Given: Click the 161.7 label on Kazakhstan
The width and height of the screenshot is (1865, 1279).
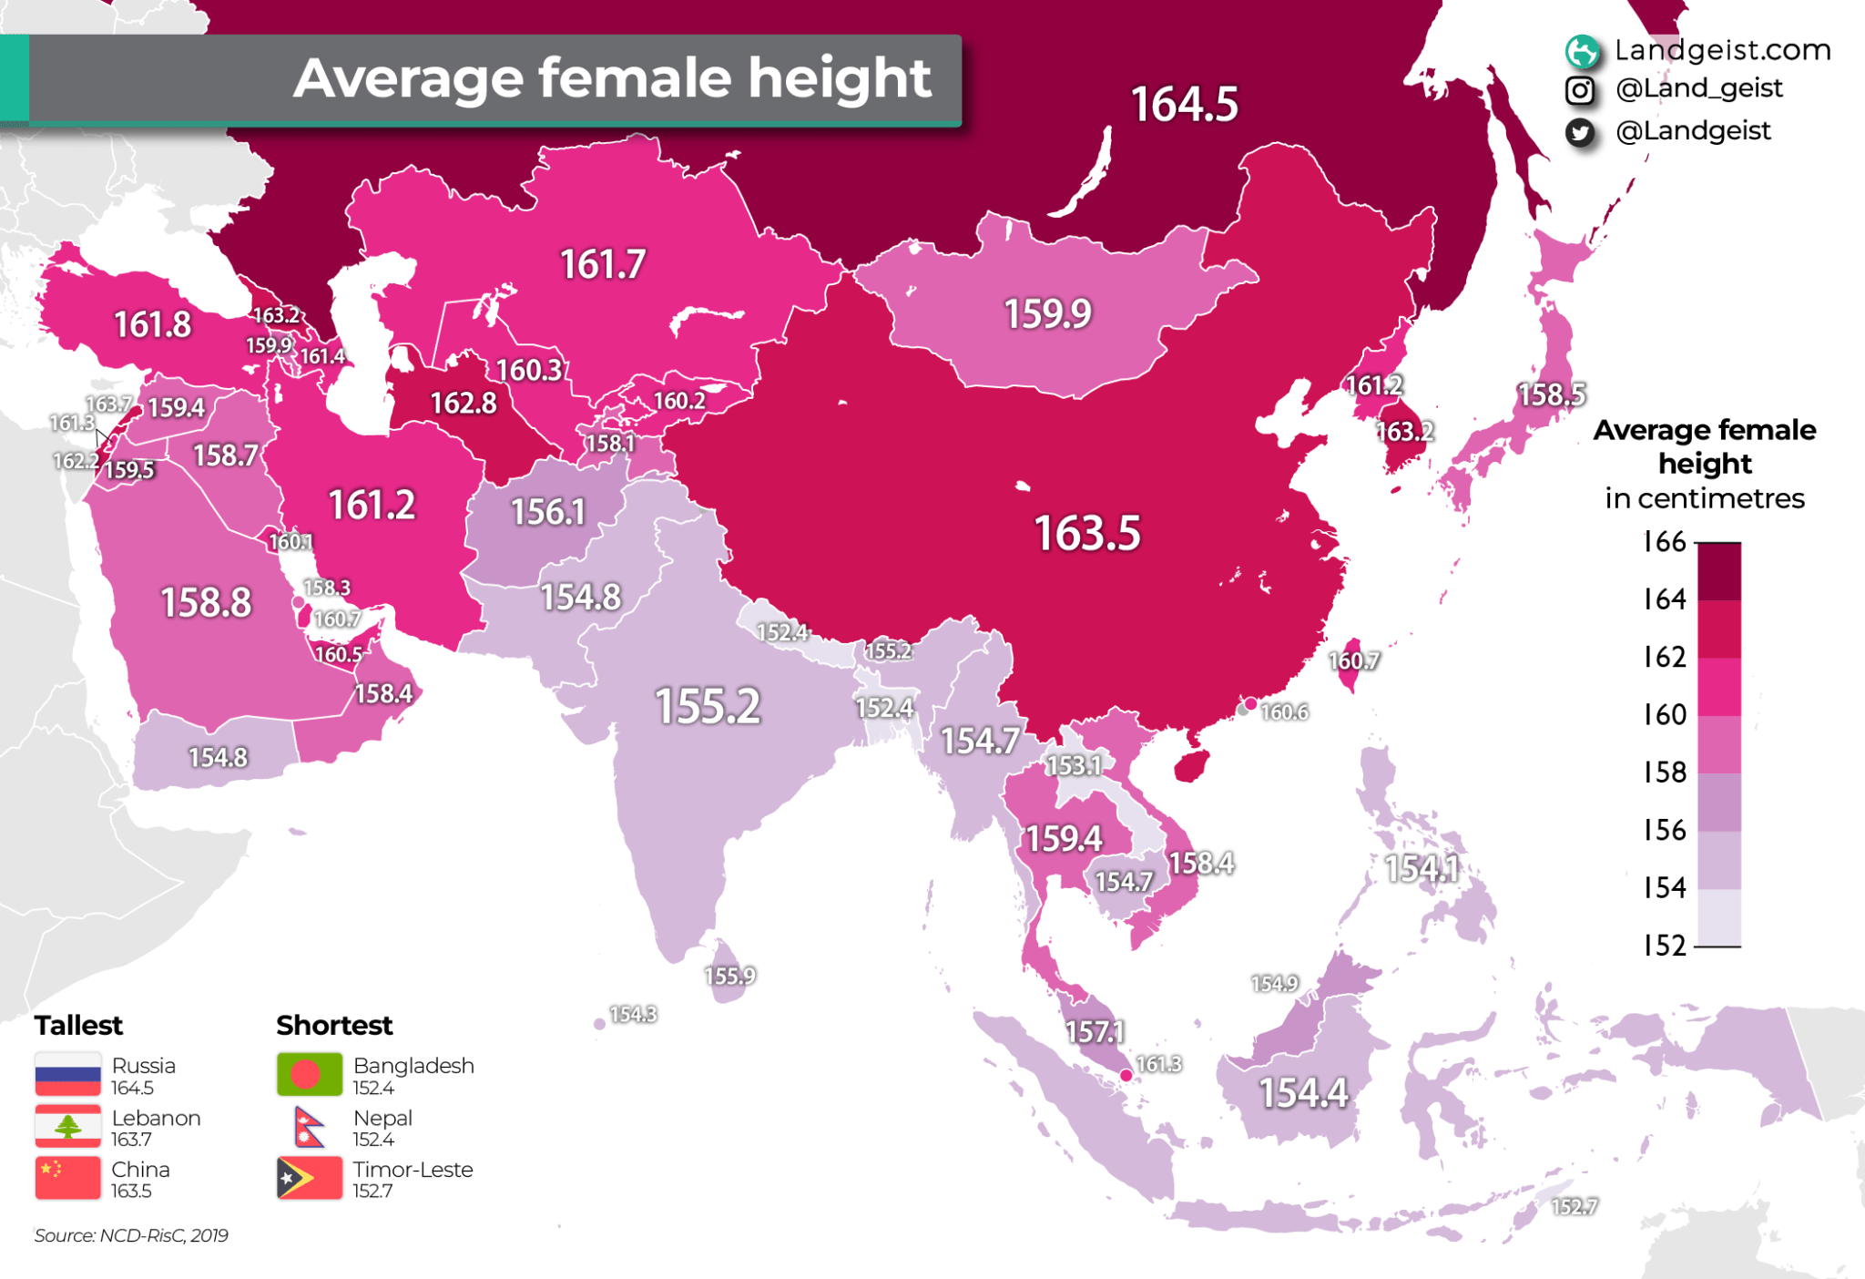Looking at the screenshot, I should (603, 265).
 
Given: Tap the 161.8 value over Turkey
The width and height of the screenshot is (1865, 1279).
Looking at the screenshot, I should (152, 324).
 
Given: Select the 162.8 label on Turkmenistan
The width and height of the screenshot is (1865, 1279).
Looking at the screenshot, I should (463, 403).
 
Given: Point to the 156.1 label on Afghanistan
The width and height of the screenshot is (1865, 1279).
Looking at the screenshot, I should (547, 512).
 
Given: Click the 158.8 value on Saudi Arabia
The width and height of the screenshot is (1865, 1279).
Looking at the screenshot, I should (206, 602).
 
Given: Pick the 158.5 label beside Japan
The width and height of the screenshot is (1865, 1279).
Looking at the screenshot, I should (1551, 394).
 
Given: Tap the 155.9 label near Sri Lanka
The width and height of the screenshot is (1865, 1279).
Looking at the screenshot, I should (729, 976).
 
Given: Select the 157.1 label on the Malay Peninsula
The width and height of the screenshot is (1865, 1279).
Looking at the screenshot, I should (1095, 1031).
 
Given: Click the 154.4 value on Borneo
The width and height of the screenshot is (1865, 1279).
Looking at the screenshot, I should (1302, 1092).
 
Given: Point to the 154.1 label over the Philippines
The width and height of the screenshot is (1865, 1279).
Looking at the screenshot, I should (1421, 867).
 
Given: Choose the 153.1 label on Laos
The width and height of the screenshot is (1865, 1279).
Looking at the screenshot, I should (1073, 765).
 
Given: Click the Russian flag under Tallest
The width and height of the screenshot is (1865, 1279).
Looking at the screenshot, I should (67, 1075).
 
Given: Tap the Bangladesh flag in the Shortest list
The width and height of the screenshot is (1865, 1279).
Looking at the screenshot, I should (310, 1075).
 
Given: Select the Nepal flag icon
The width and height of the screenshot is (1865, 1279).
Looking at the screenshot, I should (310, 1127).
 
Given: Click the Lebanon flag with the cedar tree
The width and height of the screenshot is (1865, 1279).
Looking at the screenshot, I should (67, 1127).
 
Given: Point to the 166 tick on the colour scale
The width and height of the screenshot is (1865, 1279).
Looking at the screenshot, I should (1665, 542).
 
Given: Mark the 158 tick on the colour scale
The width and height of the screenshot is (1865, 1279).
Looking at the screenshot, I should (1665, 773).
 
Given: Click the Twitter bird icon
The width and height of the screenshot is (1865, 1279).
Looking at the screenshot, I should (1580, 133).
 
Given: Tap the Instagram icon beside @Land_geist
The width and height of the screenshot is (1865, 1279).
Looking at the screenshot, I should (1580, 90).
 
